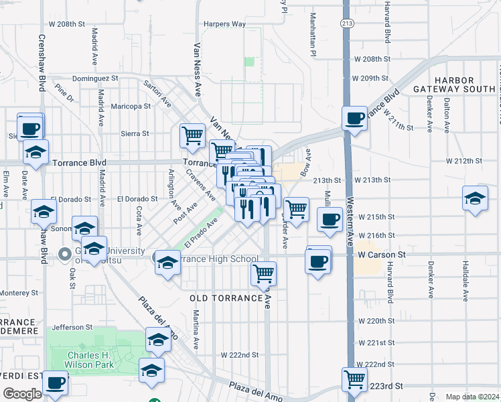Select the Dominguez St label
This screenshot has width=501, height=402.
94,78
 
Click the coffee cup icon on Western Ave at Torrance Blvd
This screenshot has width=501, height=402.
355,119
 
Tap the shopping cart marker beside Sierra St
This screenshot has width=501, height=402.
192,135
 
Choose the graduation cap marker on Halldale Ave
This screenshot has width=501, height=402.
475,199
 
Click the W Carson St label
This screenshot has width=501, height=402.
382,255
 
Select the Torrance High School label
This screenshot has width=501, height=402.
216,259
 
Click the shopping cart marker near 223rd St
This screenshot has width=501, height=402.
355,379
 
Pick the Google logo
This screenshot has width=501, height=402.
22,394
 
